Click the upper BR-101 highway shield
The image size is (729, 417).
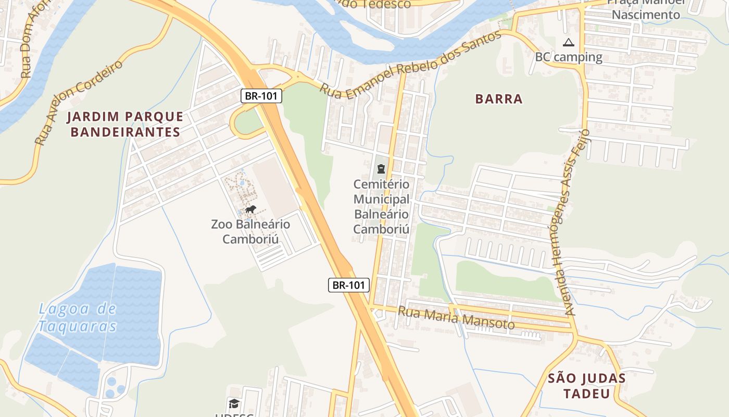pos(261,96)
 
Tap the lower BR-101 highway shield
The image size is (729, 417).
pos(349,285)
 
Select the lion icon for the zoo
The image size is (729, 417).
pos(250,210)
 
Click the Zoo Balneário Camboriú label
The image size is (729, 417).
pos(250,232)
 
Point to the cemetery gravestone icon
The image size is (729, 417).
pos(381,168)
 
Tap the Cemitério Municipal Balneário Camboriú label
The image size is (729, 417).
pos(381,206)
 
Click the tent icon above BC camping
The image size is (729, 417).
pos(569,42)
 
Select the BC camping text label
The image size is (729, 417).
pos(569,57)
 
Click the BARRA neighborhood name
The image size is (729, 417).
pos(499,99)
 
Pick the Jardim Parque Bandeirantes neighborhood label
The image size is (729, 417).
pos(125,124)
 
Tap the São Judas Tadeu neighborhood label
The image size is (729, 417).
pos(587,386)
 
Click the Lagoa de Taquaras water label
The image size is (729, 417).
pos(77,317)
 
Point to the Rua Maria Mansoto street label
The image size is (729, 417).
pos(456,318)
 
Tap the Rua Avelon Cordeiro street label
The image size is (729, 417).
pos(79,102)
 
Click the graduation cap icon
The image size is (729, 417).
pos(234,403)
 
